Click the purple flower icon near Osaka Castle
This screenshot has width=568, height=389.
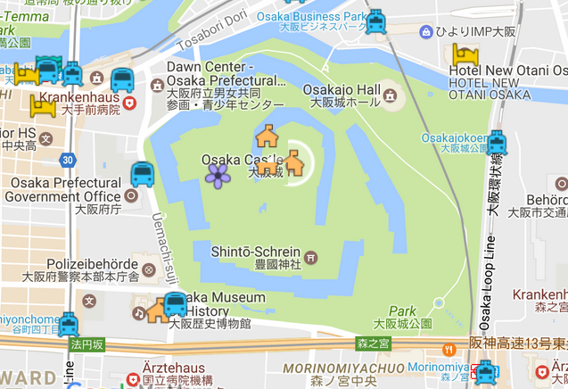click(218, 175)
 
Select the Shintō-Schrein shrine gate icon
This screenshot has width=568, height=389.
click(311, 258)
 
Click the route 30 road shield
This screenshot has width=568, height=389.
click(68, 160)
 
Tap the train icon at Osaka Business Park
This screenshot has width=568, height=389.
click(376, 21)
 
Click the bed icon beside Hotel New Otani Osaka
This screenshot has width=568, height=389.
click(464, 54)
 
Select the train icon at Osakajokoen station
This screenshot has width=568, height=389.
click(496, 142)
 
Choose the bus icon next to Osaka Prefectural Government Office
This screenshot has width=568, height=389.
click(142, 175)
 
